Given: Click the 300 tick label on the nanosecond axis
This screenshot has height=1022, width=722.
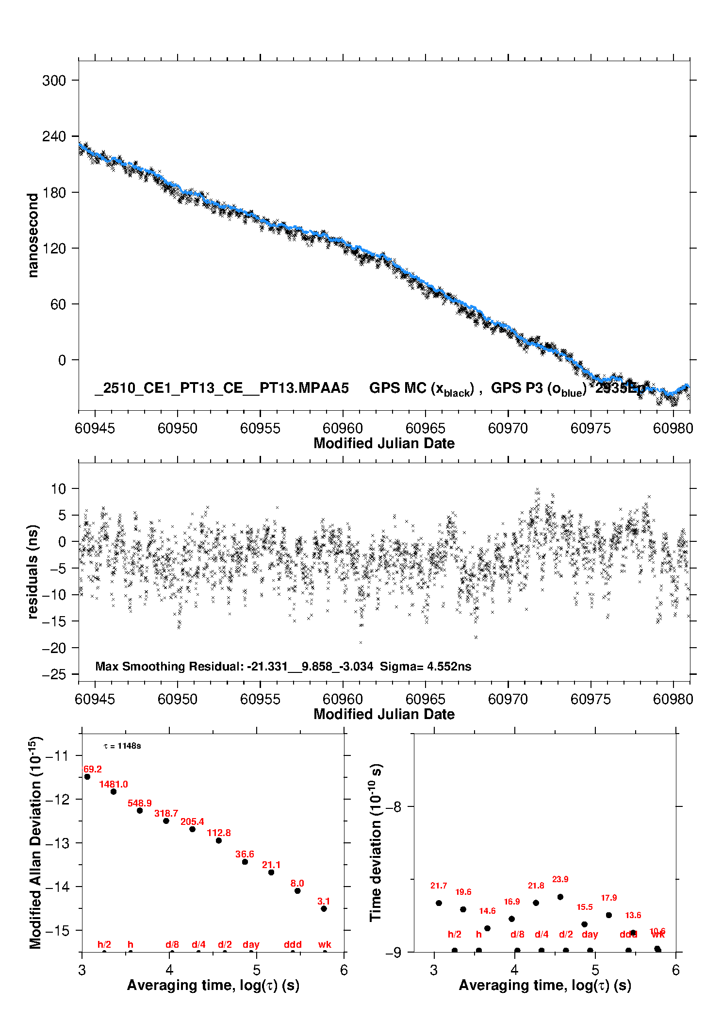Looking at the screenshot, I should (54, 81).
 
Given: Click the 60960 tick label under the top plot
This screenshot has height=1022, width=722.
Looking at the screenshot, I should (343, 428).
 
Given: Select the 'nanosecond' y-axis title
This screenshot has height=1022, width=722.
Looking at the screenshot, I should (33, 235).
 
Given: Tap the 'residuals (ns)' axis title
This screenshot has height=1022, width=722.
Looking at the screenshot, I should (33, 571).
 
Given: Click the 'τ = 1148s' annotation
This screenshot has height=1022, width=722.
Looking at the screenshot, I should (122, 746).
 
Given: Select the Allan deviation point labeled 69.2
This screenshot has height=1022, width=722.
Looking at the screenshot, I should (87, 777).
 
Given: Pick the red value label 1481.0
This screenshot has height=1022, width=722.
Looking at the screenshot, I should (114, 784).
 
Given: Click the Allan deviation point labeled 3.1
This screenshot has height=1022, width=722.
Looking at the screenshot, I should (324, 909).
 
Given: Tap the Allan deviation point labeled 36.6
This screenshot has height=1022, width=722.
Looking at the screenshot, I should (245, 862).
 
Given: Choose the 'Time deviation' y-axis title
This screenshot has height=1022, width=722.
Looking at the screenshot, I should (376, 842).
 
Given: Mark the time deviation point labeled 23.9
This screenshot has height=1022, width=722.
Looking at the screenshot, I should (560, 897).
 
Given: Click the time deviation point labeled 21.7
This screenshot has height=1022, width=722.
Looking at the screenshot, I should (439, 903).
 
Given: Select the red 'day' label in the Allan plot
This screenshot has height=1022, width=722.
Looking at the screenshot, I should (251, 944).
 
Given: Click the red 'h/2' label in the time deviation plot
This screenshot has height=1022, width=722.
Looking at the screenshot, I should (455, 934).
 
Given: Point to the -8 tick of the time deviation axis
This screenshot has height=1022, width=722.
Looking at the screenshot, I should (394, 806).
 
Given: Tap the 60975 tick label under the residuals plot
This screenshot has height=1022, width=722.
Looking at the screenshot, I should (591, 699).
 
